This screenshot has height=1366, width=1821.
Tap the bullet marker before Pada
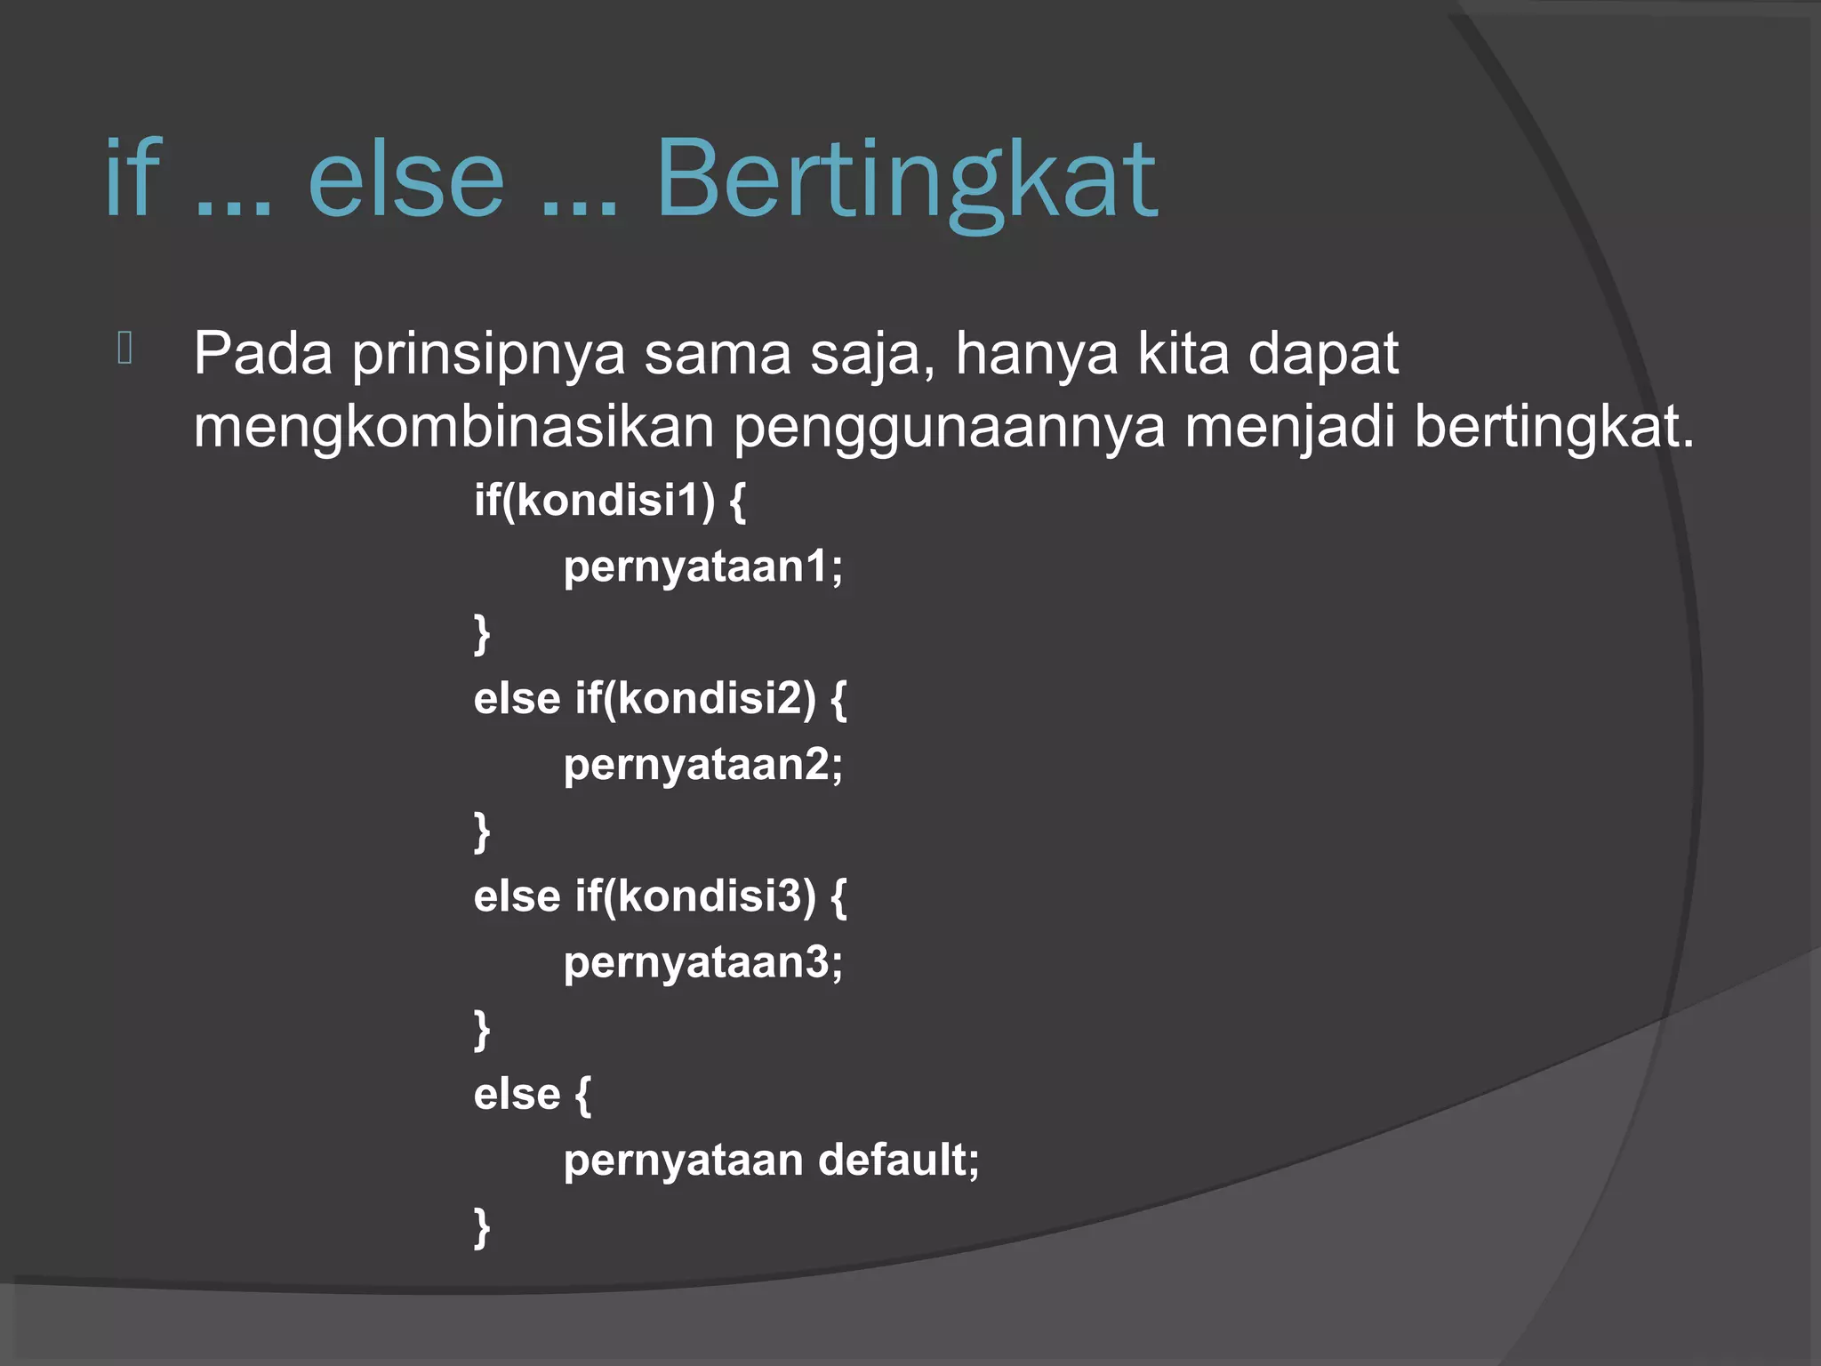pos(124,348)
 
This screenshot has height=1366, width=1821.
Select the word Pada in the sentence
pos(263,354)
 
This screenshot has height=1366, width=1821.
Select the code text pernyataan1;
pos(702,567)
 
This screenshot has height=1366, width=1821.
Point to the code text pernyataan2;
pos(702,765)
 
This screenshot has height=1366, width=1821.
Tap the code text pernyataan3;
pos(702,963)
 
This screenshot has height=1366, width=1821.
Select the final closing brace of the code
pos(482,1228)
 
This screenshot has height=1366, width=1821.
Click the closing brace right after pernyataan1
pos(482,634)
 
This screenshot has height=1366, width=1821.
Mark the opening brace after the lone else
pos(582,1095)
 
